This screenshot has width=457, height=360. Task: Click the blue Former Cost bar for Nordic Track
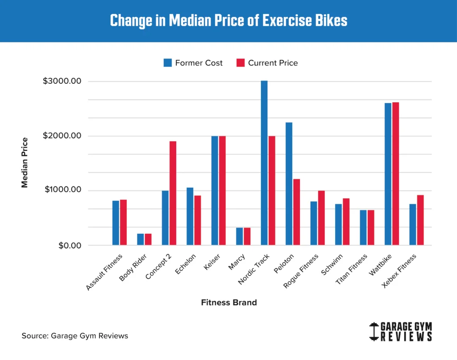264,163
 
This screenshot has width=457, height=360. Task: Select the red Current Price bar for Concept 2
173,193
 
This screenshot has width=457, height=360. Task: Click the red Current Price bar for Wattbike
395,174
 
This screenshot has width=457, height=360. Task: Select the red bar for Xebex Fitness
420,220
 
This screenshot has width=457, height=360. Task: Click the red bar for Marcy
247,236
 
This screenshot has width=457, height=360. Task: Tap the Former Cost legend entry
193,63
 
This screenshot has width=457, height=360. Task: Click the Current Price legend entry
267,63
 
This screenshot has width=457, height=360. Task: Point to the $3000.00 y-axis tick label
62,82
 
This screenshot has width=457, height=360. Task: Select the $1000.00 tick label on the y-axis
62,190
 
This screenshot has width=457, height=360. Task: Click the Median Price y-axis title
25,163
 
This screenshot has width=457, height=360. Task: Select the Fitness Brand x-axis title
229,302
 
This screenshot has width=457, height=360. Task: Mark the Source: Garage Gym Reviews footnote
75,335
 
